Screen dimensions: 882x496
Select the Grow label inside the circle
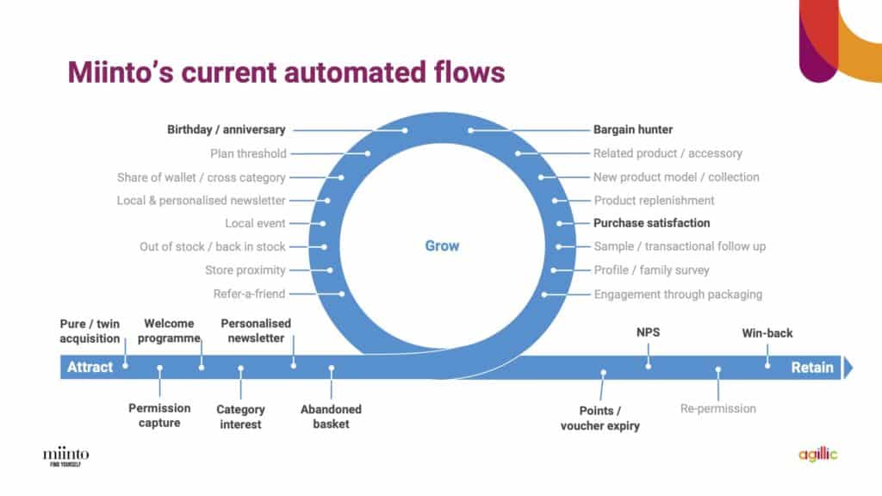(x=442, y=245)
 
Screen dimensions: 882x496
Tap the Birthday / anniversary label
(x=227, y=129)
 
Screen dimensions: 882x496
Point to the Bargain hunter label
(x=633, y=129)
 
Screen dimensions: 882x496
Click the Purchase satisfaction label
(x=651, y=223)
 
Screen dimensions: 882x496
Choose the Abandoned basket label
(x=331, y=417)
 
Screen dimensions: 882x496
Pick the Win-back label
(x=767, y=333)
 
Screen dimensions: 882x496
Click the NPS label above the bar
(x=648, y=332)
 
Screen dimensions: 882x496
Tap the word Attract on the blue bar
(x=90, y=367)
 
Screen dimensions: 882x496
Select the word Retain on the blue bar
(x=811, y=367)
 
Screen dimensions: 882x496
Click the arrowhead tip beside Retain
(x=853, y=368)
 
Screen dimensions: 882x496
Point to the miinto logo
(x=65, y=456)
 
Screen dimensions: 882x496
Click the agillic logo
(x=818, y=454)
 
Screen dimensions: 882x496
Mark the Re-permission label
(x=717, y=409)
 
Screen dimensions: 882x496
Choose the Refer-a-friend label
(x=249, y=294)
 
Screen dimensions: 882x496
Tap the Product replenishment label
(x=654, y=200)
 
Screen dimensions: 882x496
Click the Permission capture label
(x=159, y=416)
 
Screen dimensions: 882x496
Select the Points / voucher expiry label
(x=600, y=418)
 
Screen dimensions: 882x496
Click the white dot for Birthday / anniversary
(x=405, y=131)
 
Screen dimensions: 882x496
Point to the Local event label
(x=255, y=223)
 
